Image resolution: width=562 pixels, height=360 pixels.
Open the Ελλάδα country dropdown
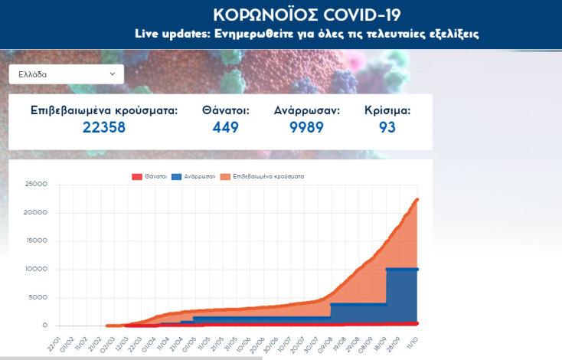65,74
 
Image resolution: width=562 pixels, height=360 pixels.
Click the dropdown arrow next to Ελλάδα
113,74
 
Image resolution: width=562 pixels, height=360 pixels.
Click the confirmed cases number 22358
104,127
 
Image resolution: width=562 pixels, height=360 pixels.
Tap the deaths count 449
226,127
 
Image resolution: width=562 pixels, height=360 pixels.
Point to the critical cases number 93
387,127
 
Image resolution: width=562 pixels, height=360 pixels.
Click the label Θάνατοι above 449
226,110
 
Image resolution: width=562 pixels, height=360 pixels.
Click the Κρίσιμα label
387,110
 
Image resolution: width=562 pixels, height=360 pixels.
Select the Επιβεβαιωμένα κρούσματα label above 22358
104,110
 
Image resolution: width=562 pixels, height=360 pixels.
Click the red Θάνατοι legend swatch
138,177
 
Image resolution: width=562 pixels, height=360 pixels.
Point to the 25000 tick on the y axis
37,185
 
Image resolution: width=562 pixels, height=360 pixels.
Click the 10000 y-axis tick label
37,269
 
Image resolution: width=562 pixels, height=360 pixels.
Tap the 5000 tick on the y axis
39,297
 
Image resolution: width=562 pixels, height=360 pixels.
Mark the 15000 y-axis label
37,241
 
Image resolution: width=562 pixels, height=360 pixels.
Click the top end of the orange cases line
417,200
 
